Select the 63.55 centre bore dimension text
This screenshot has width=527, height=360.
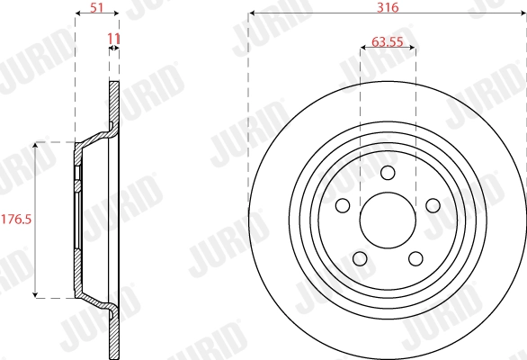388,40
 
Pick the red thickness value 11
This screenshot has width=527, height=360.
113,39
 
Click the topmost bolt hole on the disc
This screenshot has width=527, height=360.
388,173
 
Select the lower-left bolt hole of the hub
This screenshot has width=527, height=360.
360,258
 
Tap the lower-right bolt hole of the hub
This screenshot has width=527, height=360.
415,258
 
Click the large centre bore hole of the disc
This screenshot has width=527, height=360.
388,220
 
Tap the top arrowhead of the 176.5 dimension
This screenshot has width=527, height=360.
35,145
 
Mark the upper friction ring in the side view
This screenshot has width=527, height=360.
113,103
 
